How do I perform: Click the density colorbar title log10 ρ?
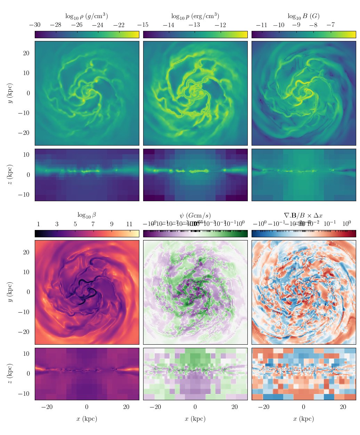pos(87,16)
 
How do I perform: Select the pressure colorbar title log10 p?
pos(195,16)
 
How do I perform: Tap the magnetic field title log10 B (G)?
pos(303,16)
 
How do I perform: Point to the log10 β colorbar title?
pos(87,215)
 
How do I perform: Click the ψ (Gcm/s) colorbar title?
pos(195,215)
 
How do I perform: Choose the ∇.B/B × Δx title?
pos(303,215)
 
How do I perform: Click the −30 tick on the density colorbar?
pos(35,25)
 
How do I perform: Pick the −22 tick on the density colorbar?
pos(119,25)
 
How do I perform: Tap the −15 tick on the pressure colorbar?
pos(143,25)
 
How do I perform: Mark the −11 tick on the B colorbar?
pos(261,25)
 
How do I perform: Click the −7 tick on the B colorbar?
pos(330,25)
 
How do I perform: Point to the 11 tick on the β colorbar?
pos(129,224)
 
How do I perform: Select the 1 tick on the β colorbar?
pos(38,224)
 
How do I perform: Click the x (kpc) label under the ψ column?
pos(195,419)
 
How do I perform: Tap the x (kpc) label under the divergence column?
pos(303,419)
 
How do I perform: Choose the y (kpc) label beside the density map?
pos(10,93)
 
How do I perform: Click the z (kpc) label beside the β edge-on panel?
pos(10,374)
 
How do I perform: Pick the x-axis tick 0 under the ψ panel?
pos(195,407)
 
